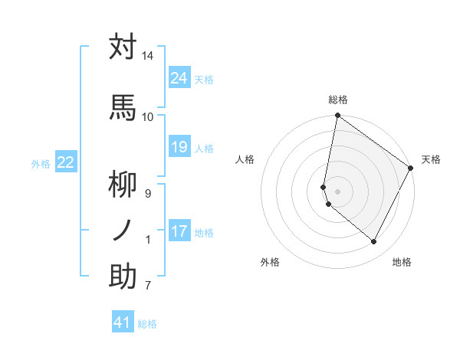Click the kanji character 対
(x=123, y=47)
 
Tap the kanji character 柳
(x=123, y=185)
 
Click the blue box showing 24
(x=179, y=78)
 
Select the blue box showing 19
(x=179, y=147)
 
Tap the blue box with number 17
(x=179, y=231)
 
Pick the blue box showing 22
(x=66, y=162)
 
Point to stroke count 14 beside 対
(x=147, y=57)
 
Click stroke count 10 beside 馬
(x=147, y=116)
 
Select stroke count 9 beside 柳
(x=147, y=194)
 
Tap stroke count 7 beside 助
(x=147, y=286)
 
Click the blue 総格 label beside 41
(x=147, y=324)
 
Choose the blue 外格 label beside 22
(x=41, y=163)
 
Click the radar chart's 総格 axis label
(x=338, y=100)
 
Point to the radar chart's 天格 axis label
(x=431, y=159)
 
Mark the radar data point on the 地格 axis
(x=374, y=242)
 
